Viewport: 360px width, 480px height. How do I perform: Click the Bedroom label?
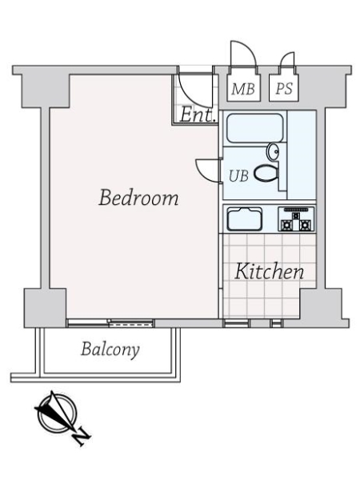[138, 198]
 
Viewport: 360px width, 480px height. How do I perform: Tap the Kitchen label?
[269, 272]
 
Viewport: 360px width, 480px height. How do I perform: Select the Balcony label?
[110, 349]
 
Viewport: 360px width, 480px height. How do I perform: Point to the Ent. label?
[197, 114]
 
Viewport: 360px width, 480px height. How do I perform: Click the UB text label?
[239, 174]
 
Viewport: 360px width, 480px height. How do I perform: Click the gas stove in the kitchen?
[296, 219]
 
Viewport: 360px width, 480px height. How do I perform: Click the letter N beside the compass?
[82, 436]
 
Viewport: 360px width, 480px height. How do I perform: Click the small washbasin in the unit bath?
[274, 150]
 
